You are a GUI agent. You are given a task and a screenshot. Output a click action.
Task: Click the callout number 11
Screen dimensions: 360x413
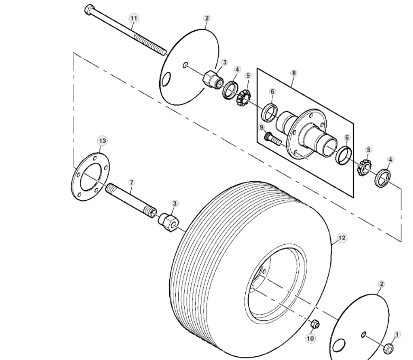(133, 18)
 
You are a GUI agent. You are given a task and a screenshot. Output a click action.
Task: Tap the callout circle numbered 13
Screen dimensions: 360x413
(102, 140)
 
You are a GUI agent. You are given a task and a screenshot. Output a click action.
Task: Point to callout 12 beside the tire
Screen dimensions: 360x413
(342, 238)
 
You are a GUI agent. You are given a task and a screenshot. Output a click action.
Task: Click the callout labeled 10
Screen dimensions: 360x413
(310, 338)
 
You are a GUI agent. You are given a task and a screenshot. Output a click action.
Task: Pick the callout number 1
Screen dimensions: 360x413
(398, 334)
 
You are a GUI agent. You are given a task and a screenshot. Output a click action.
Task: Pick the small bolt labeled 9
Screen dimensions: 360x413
(273, 140)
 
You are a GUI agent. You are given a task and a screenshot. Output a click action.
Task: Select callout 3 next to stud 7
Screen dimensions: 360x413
(175, 204)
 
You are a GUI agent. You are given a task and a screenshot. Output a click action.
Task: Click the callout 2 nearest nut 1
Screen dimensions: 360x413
(381, 284)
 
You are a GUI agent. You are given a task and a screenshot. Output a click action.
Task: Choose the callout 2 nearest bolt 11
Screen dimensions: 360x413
(207, 18)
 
